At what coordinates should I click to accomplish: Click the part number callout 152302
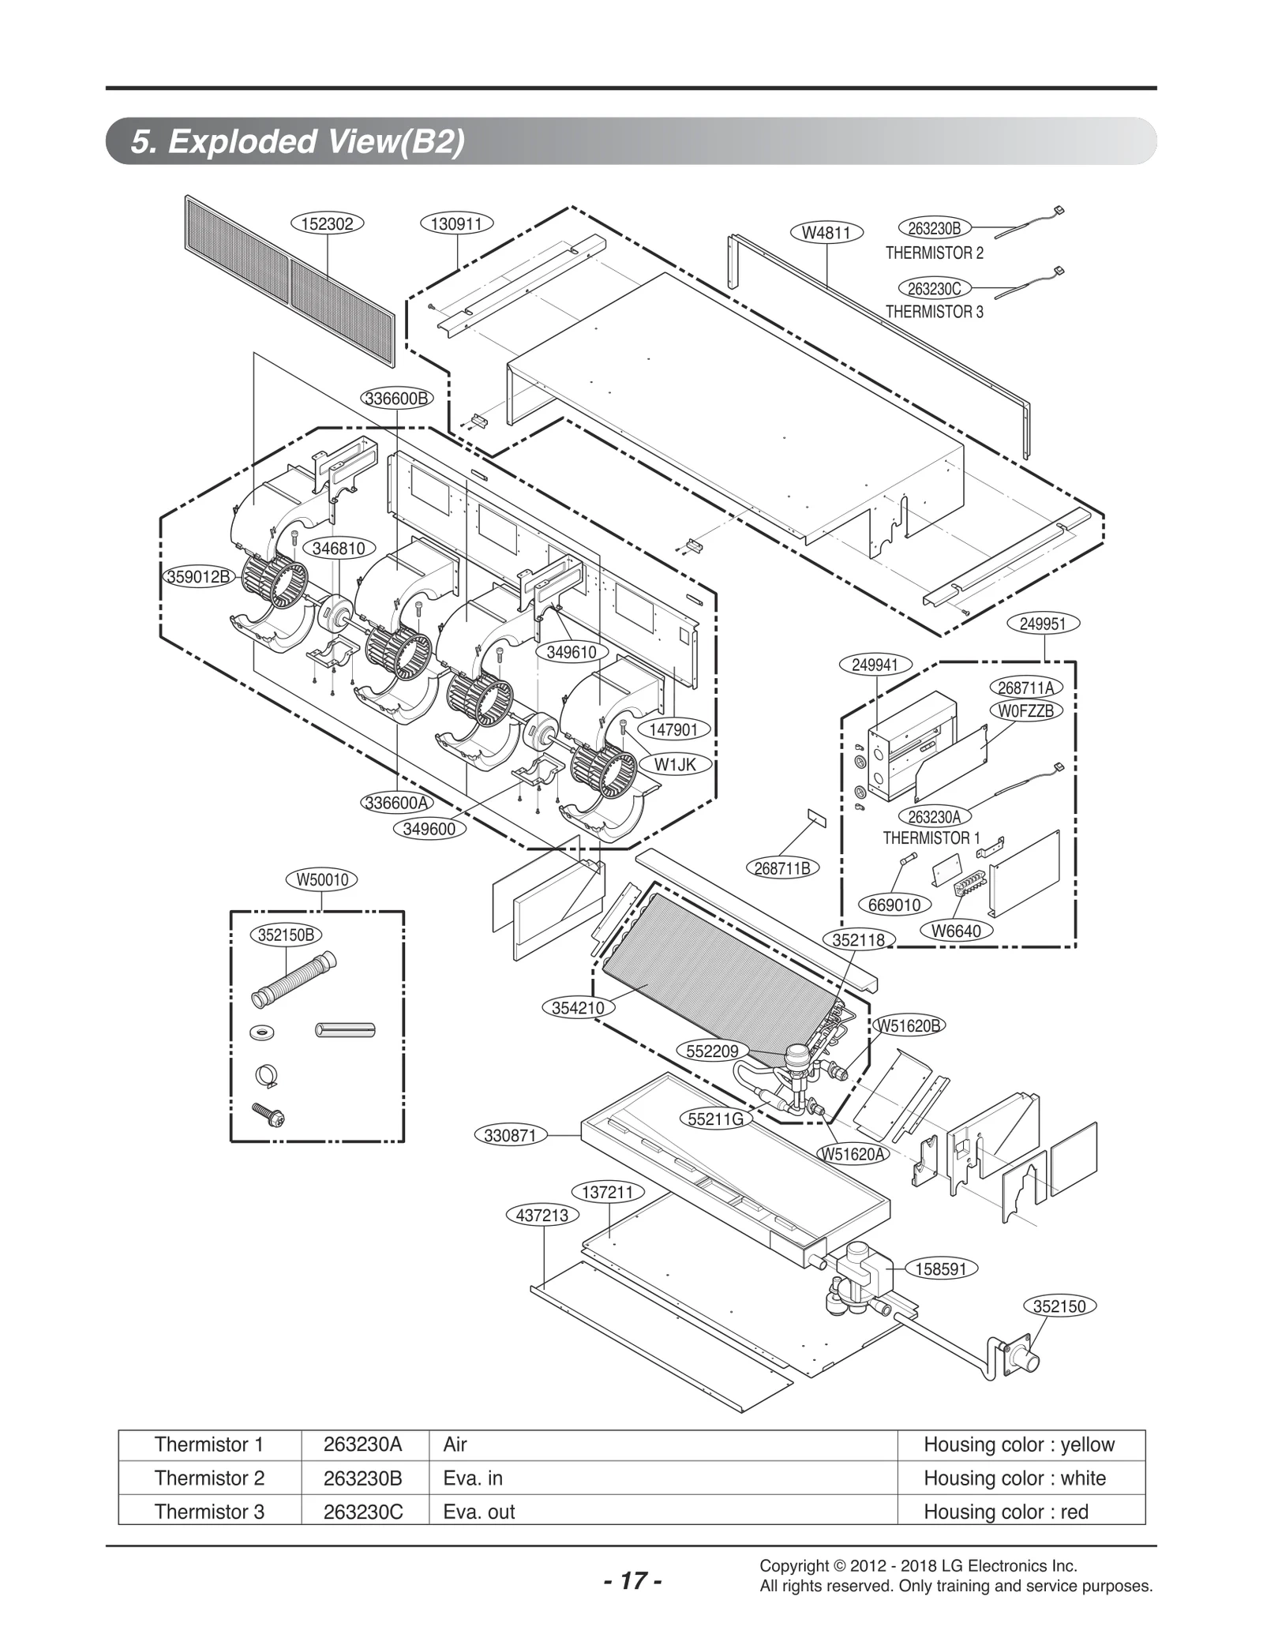pos(328,223)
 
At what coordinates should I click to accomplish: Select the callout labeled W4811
pos(826,232)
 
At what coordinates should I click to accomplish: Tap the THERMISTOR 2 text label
pos(935,253)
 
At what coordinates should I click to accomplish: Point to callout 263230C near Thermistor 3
pos(935,289)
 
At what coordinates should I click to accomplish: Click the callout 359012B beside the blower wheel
pos(198,576)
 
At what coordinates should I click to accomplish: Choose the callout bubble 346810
pos(339,548)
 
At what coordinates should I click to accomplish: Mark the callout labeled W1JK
pos(675,764)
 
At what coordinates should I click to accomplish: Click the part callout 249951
pos(1043,624)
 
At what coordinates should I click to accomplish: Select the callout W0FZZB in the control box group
pos(1026,710)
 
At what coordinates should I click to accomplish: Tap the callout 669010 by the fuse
pos(894,905)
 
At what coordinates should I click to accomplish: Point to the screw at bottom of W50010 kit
pos(268,1114)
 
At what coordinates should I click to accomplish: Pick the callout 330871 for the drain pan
pos(510,1136)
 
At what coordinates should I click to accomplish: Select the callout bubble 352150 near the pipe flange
pos(1059,1306)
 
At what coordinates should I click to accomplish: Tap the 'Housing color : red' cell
pos(1006,1512)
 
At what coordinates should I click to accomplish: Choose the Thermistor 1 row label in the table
pos(209,1445)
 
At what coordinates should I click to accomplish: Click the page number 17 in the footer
pos(632,1581)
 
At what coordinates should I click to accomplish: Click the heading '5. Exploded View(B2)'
pos(298,142)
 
